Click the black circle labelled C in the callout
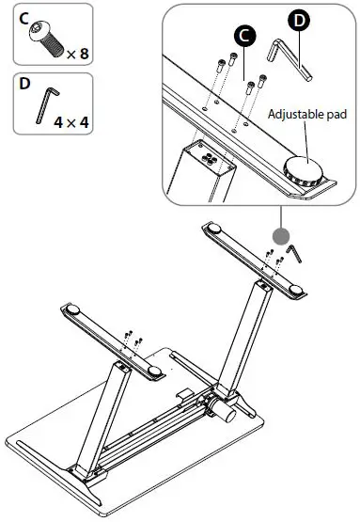[243, 36]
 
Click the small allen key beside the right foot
[294, 253]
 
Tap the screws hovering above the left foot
[133, 339]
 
